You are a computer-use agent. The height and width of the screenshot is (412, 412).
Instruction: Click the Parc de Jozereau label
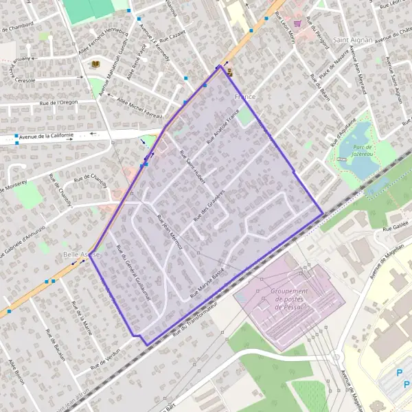[x=360, y=151]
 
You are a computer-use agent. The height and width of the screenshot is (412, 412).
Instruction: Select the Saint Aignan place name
[x=352, y=40]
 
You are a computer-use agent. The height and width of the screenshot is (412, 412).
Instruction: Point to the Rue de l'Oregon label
[x=59, y=102]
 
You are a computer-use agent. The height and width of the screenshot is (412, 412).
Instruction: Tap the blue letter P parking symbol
[x=400, y=374]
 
